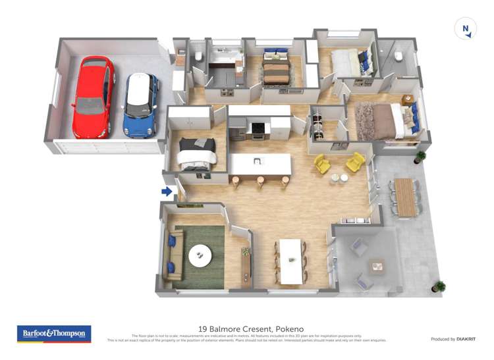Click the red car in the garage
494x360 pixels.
click(x=93, y=97)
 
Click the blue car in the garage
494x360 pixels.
click(x=141, y=105)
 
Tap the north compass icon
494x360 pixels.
click(x=466, y=29)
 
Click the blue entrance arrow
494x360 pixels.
click(x=167, y=192)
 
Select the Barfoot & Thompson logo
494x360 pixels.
click(x=55, y=334)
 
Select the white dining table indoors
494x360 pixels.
click(x=290, y=261)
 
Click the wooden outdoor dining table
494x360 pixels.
click(x=404, y=197)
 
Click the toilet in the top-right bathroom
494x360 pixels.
click(x=398, y=57)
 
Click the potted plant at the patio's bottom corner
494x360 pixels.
click(x=439, y=286)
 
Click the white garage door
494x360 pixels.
click(x=107, y=147)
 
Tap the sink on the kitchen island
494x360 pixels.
click(x=257, y=161)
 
